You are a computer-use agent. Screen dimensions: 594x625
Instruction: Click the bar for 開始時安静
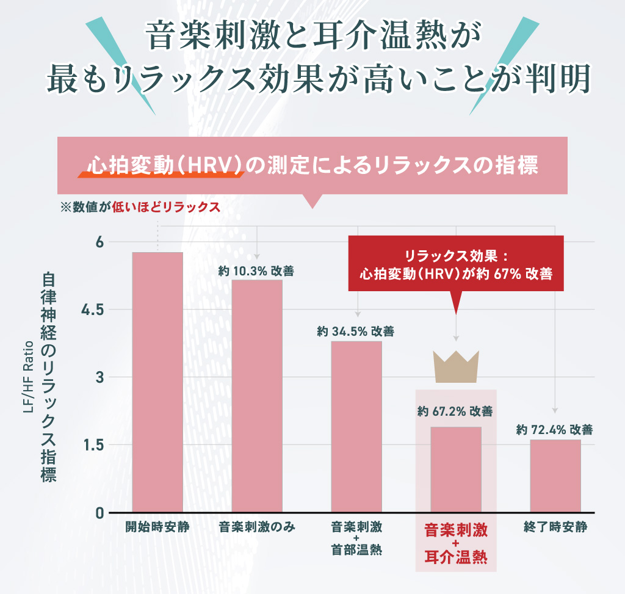click(x=157, y=382)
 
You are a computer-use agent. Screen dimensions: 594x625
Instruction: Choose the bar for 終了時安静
click(x=555, y=476)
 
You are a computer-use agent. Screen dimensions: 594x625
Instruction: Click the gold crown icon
click(x=456, y=366)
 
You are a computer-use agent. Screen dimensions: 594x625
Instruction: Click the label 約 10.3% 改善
click(x=256, y=271)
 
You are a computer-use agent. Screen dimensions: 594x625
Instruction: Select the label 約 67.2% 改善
click(x=455, y=411)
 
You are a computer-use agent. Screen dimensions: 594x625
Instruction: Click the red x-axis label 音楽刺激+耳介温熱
click(x=456, y=543)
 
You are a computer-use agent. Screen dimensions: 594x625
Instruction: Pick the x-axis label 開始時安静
click(x=157, y=527)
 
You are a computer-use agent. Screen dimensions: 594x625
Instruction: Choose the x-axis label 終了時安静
click(x=555, y=527)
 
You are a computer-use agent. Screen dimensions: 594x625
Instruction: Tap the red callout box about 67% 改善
click(x=456, y=265)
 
